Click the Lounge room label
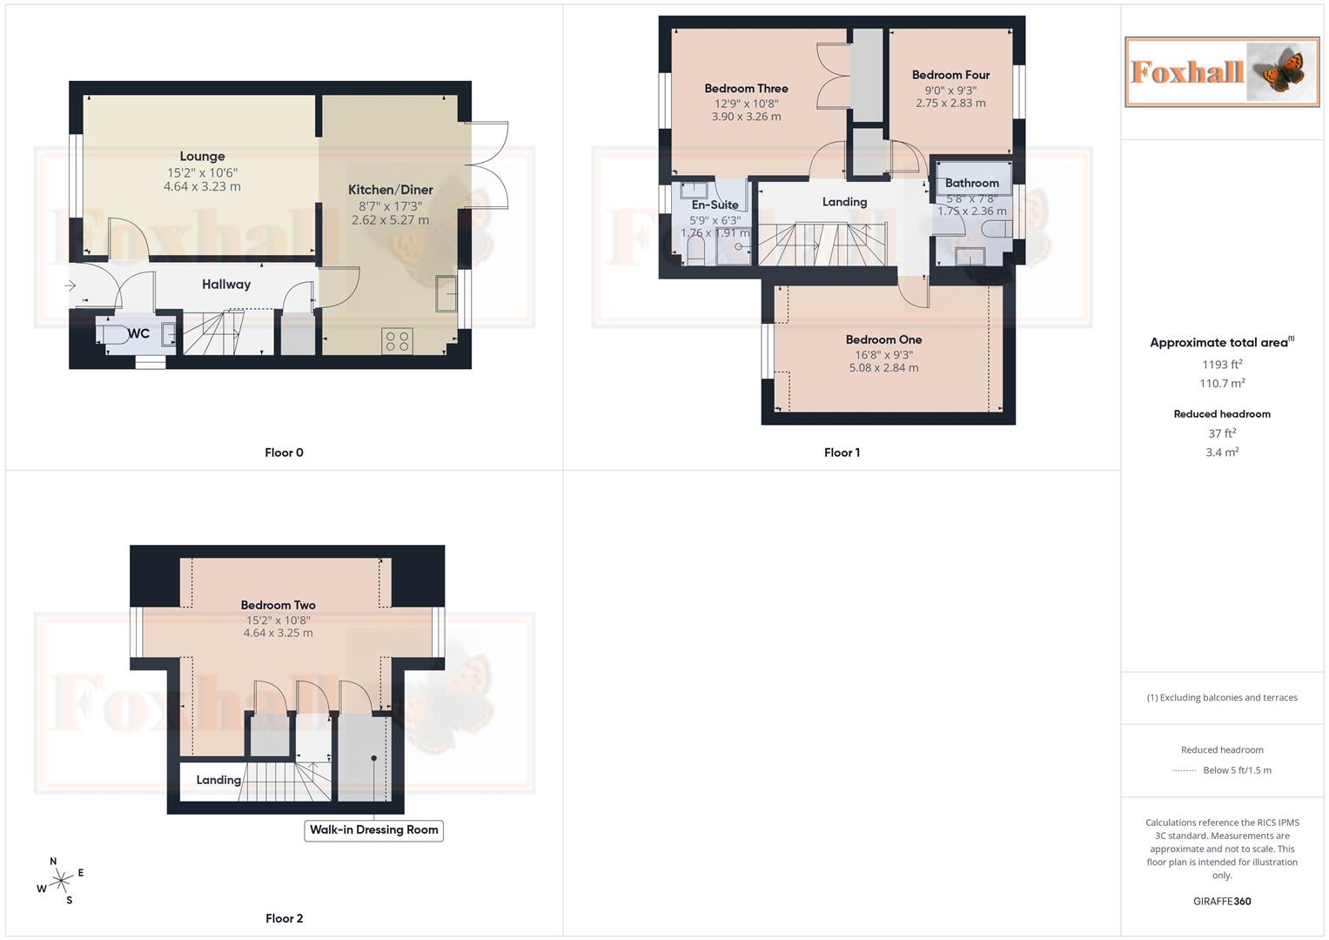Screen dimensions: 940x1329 202,157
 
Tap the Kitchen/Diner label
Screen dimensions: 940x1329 390,190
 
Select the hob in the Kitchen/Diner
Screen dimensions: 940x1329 397,341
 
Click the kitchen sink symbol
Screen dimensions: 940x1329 446,293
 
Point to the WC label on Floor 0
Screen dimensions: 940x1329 138,333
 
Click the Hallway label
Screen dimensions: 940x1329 226,285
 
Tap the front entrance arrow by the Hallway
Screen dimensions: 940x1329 70,285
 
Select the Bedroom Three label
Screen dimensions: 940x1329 746,89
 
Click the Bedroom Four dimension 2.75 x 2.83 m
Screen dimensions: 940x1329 950,103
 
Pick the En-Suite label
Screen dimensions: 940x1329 715,205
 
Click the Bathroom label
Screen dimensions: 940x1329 971,183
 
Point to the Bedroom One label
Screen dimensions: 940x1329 883,339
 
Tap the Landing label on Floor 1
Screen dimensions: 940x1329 844,202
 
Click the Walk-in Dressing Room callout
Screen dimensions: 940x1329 373,830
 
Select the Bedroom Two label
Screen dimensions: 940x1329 278,605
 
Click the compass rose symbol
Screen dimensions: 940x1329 60,882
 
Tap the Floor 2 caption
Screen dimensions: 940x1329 284,918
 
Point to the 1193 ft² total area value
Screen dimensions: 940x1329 1222,365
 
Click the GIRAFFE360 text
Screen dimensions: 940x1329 1222,902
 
